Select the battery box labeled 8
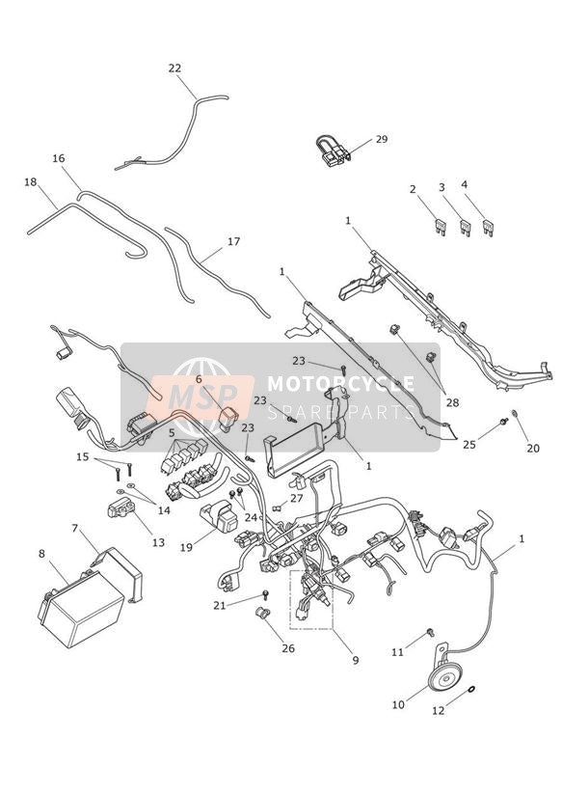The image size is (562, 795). [81, 609]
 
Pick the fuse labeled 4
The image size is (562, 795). [489, 228]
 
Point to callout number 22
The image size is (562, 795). [174, 68]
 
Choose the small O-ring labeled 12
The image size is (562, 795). [471, 689]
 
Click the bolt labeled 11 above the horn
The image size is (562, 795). [431, 632]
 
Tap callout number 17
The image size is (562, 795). [233, 241]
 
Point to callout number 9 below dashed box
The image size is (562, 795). [356, 660]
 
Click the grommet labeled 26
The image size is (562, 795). [263, 613]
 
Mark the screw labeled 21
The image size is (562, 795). [265, 593]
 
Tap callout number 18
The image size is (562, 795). [31, 181]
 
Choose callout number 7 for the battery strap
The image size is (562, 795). [75, 528]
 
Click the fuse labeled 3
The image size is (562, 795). [466, 228]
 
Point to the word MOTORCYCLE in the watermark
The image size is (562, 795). [340, 384]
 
